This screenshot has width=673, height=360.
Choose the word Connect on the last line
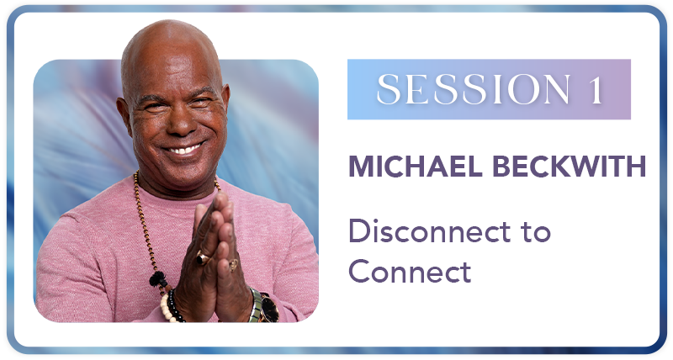tap(410, 271)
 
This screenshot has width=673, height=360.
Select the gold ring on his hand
tap(233, 263)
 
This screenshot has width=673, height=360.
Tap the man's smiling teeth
tap(183, 149)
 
